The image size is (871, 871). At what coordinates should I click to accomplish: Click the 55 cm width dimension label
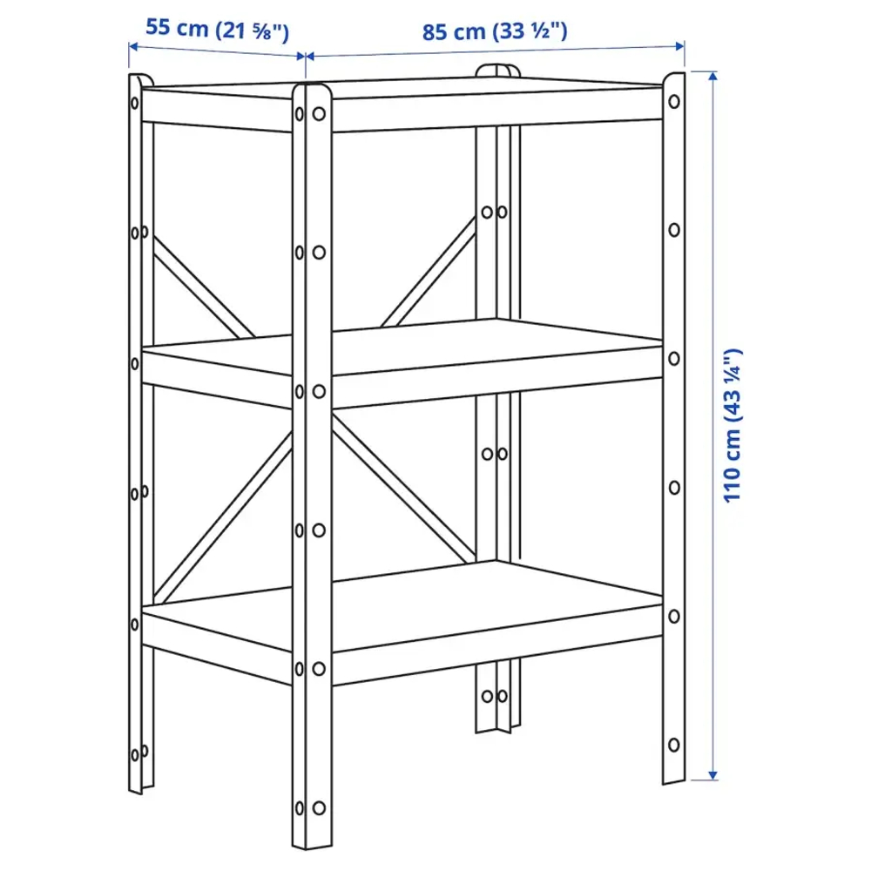tap(216, 29)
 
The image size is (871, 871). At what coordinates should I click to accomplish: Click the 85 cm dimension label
tap(495, 31)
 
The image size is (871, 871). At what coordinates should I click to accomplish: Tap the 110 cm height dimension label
tap(733, 425)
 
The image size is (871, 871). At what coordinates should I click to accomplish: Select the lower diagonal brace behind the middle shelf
tap(401, 488)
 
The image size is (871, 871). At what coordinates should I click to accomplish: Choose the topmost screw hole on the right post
tap(673, 103)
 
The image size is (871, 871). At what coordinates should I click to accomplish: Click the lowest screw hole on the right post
tap(673, 746)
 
